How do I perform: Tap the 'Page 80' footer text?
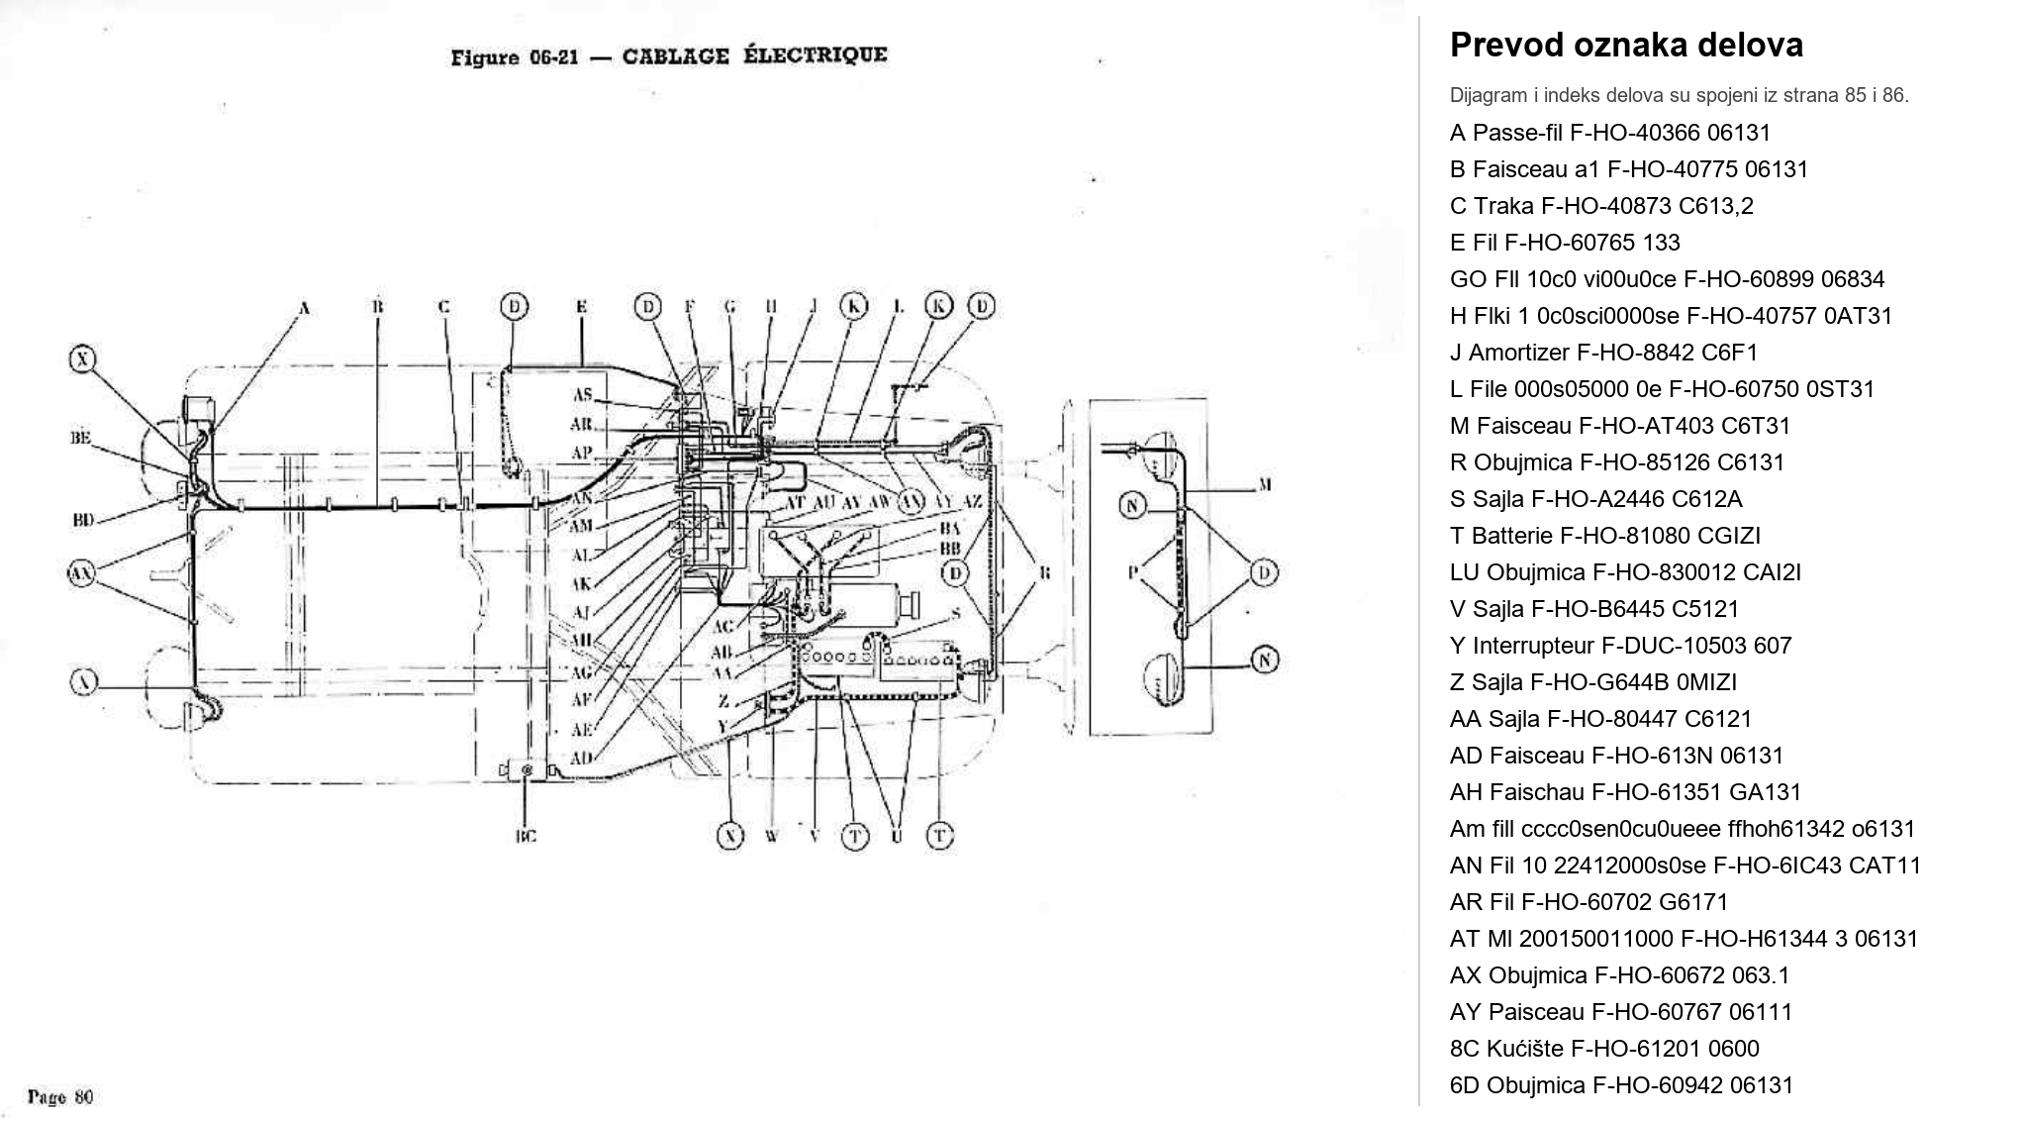click(60, 1096)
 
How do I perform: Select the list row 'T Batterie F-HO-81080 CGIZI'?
click(1604, 536)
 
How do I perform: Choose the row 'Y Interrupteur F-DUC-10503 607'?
click(1620, 646)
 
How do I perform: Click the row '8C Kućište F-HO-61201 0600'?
click(1604, 1049)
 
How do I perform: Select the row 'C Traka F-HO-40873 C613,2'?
click(1600, 206)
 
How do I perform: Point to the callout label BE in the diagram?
click(81, 438)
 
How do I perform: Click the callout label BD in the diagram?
click(83, 520)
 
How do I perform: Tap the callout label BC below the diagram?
click(526, 837)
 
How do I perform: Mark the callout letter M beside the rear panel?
click(1264, 484)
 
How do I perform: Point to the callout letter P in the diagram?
click(1132, 572)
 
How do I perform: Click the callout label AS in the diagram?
click(582, 394)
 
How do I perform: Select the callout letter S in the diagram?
click(955, 614)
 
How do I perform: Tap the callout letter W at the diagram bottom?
click(772, 837)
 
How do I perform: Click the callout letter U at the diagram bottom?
click(897, 837)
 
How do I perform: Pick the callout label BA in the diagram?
click(949, 528)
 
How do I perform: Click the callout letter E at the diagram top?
click(581, 307)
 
